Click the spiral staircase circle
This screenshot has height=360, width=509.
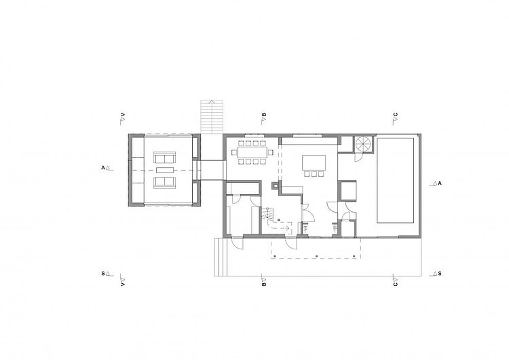pyautogui.click(x=362, y=143)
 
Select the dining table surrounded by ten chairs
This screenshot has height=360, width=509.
pyautogui.click(x=252, y=152)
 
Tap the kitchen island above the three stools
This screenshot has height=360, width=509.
pyautogui.click(x=314, y=162)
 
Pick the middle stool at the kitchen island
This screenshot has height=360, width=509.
pyautogui.click(x=314, y=174)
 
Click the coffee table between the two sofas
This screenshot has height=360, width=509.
pyautogui.click(x=166, y=170)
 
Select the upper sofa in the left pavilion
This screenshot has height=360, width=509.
pyautogui.click(x=164, y=158)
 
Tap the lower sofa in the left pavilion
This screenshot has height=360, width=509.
pyautogui.click(x=164, y=182)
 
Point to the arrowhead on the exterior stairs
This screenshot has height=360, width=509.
pyautogui.click(x=212, y=102)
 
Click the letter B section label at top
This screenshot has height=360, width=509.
pyautogui.click(x=264, y=115)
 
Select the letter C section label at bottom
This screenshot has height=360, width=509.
pyautogui.click(x=395, y=285)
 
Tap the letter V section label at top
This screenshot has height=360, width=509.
pyautogui.click(x=123, y=115)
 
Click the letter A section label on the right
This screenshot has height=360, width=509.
pyautogui.click(x=440, y=183)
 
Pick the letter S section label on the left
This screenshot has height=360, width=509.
pyautogui.click(x=103, y=274)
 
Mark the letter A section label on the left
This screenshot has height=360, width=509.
pyautogui.click(x=103, y=168)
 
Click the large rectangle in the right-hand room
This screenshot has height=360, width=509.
pyautogui.click(x=396, y=180)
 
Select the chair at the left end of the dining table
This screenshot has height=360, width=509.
pyautogui.click(x=234, y=152)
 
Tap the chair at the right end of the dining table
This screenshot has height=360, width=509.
pyautogui.click(x=270, y=152)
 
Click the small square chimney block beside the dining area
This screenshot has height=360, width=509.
pyautogui.click(x=275, y=185)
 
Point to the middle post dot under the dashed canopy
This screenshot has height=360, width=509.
pyautogui.click(x=316, y=256)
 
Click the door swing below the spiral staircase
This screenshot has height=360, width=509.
pyautogui.click(x=358, y=158)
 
